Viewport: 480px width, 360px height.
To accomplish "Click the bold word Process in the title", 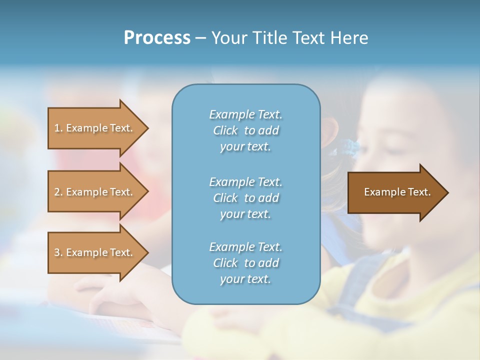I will (x=157, y=38).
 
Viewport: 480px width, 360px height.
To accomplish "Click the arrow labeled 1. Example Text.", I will (x=95, y=128).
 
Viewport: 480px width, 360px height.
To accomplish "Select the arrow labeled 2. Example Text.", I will (x=95, y=192).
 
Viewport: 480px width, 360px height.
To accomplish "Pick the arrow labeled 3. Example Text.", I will (x=95, y=252).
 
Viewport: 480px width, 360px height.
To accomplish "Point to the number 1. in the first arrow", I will (x=58, y=128).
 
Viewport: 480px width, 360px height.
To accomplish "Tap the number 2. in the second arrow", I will (x=58, y=192).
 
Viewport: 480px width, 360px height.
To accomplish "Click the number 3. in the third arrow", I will (x=58, y=252).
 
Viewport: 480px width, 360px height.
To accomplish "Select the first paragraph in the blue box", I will (x=245, y=130).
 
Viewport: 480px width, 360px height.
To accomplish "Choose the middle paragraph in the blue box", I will (x=245, y=198).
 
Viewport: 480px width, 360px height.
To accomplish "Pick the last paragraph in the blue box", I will (x=245, y=263).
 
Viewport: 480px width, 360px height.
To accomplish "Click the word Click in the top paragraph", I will (x=225, y=130).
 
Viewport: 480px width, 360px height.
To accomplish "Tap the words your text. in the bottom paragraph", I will (x=245, y=279).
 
